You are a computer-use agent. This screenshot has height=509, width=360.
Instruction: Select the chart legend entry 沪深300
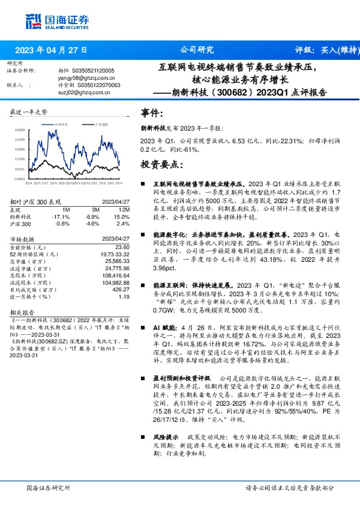coord(101,123)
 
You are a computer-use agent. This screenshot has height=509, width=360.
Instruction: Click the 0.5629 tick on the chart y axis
coord(20,129)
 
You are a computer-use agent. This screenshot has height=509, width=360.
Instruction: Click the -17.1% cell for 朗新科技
coord(62,216)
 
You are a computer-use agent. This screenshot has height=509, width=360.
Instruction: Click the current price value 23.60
coord(123,247)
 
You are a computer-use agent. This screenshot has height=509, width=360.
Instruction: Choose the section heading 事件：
coord(152,114)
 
